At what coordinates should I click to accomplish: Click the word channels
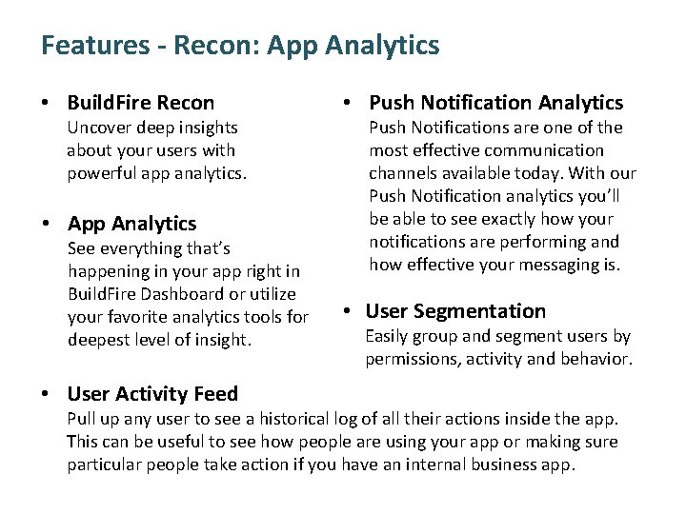403,173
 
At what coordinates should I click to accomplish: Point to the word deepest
100,340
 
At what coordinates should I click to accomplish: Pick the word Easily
392,336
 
